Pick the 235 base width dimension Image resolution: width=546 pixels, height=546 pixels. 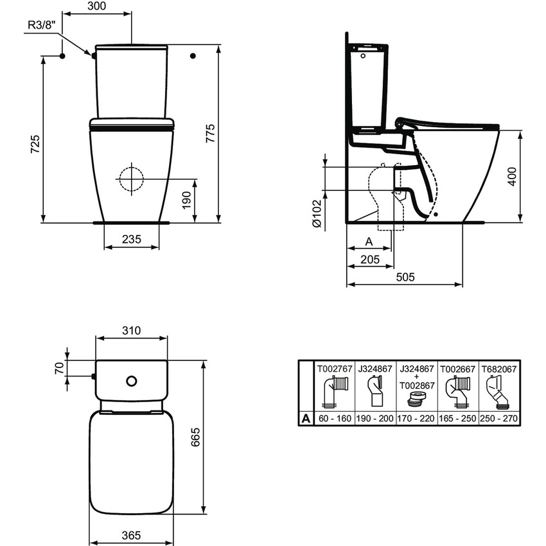[x=131, y=240]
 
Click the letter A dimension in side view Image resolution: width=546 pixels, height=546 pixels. [x=368, y=242]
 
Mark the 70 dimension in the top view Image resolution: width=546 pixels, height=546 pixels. [x=58, y=369]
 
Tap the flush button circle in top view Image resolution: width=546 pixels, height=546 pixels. [x=132, y=381]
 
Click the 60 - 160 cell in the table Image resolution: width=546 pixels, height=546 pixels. [x=335, y=419]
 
